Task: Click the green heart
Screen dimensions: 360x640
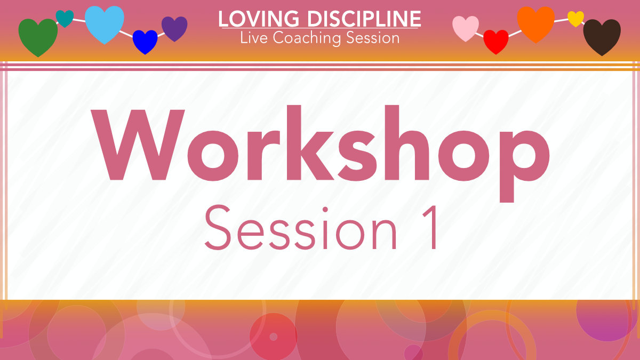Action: (38, 35)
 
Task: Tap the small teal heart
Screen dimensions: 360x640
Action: (65, 18)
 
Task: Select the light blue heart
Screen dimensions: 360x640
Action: (105, 23)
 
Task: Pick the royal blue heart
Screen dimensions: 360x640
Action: (145, 41)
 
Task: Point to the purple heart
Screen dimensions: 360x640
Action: (174, 28)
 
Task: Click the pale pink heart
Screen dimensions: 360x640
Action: (466, 27)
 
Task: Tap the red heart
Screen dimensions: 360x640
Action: (495, 41)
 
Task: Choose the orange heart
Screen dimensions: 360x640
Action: (536, 23)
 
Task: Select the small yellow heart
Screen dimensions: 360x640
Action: (575, 18)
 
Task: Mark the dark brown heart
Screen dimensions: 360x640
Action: (602, 36)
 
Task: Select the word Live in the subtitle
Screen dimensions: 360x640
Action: (252, 38)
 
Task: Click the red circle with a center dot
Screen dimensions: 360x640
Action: (273, 337)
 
